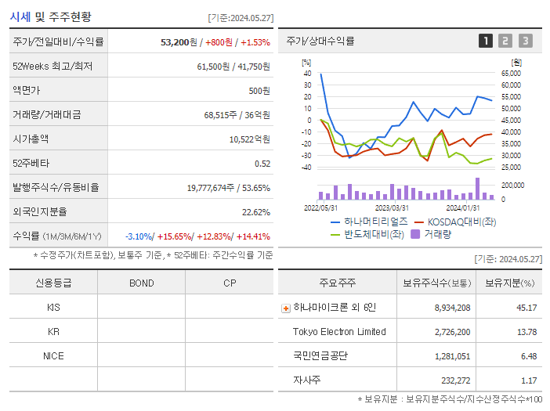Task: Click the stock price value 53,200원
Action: coord(178,41)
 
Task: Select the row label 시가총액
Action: coord(31,139)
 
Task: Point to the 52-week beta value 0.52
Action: coord(262,163)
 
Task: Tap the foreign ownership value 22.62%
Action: coord(255,211)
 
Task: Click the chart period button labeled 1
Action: coord(486,41)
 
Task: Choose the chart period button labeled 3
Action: coord(525,41)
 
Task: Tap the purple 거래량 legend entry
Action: coord(431,234)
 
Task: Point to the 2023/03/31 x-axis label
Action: coord(392,207)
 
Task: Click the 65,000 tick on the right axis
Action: coord(511,73)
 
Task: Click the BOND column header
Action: coord(141,283)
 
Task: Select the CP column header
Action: coord(229,283)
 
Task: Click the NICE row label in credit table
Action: coord(53,355)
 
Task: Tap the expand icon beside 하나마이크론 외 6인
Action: coord(285,308)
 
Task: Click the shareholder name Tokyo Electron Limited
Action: coord(339,332)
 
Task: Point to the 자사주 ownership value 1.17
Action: coord(527,380)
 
